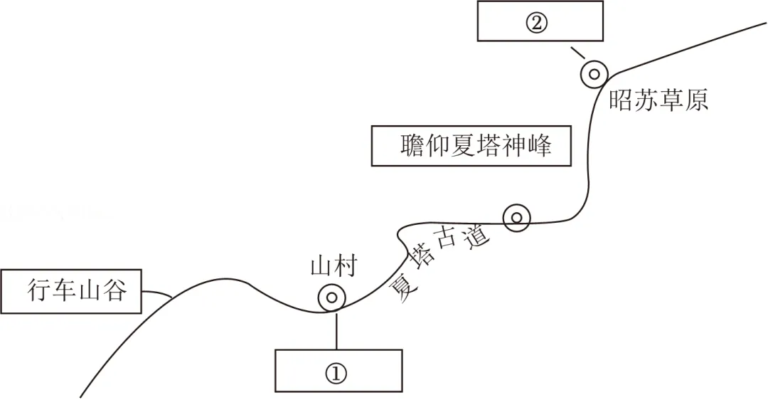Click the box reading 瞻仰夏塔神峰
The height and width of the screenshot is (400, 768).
(471, 146)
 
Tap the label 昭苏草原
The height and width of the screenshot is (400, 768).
(658, 100)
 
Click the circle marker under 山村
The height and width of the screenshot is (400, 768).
(332, 298)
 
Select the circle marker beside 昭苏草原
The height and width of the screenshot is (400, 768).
(594, 73)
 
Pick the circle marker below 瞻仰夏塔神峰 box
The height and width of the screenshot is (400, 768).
(516, 218)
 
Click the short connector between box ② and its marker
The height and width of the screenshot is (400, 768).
(577, 53)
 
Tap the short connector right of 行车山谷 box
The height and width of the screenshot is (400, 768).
(157, 293)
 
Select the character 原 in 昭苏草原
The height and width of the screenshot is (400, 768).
(697, 100)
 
